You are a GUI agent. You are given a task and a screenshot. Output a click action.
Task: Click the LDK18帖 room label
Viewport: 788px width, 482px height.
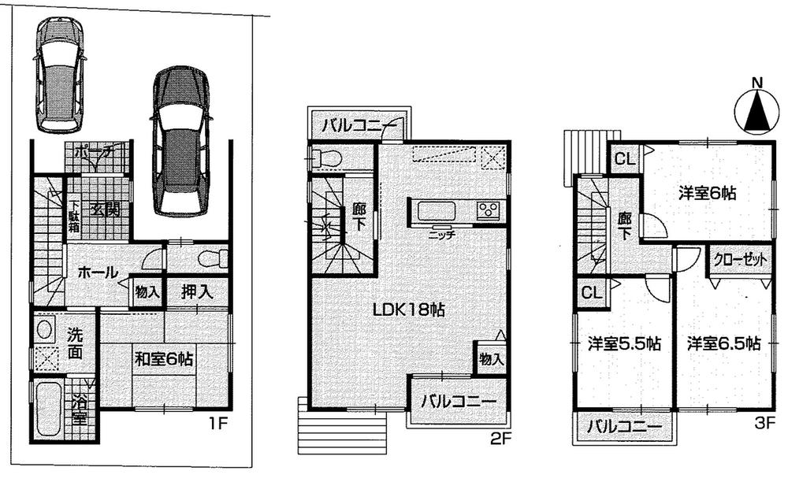[410, 310]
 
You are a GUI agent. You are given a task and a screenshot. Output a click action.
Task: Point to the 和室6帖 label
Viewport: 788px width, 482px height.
[163, 359]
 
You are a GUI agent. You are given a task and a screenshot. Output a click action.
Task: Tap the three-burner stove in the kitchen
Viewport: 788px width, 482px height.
[489, 210]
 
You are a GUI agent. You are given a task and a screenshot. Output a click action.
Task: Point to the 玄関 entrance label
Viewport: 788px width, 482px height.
[104, 209]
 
